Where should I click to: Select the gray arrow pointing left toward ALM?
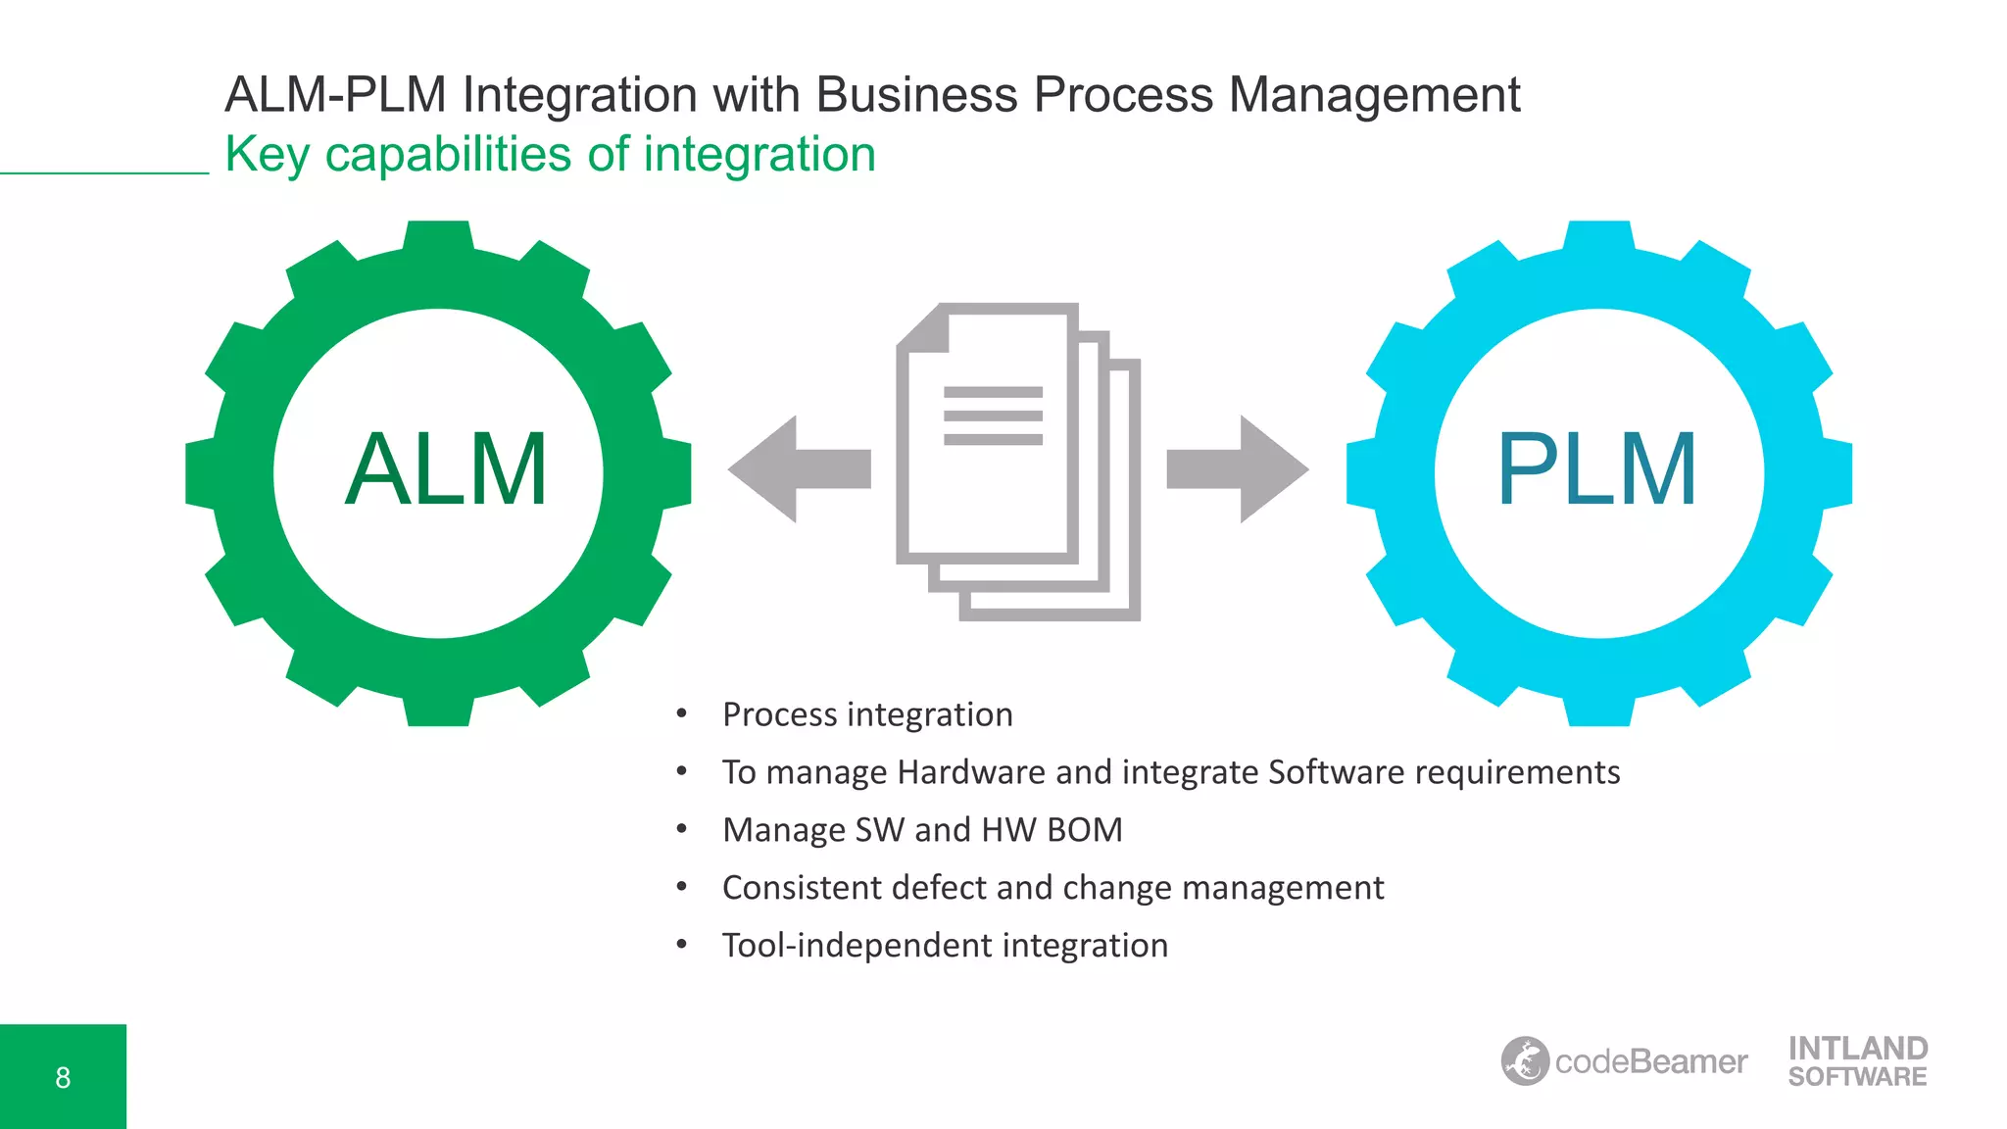coord(798,468)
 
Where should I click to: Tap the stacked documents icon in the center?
coord(1017,461)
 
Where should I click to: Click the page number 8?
coord(63,1078)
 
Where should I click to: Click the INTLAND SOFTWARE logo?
coord(1857,1061)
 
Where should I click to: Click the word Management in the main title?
coord(1374,95)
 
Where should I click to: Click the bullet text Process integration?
coord(867,714)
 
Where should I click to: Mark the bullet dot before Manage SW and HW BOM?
coord(682,830)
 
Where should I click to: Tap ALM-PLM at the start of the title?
coord(335,95)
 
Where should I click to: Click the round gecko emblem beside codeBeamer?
coord(1525,1061)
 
